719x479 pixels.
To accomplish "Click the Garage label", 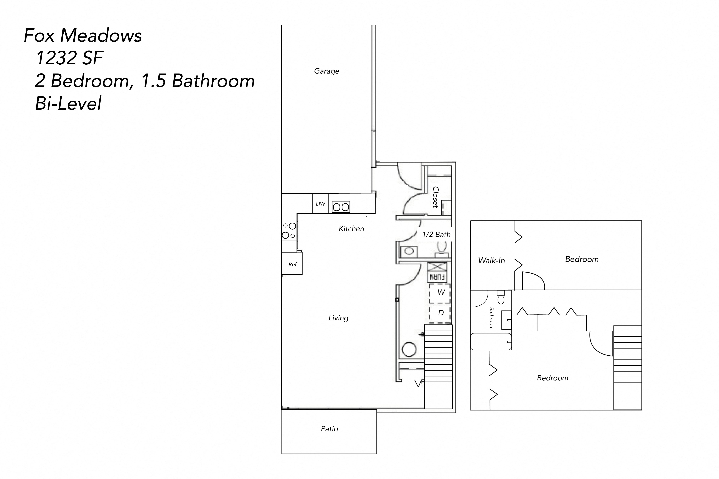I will (327, 71).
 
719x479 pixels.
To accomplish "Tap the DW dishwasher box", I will (320, 203).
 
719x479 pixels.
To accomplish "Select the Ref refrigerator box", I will (292, 264).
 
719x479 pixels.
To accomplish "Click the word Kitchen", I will (351, 229).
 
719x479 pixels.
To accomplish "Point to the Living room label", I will (338, 318).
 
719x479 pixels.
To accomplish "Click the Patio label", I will (329, 429).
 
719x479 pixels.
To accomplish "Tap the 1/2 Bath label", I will (436, 235).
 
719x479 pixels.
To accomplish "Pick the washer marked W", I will (440, 293).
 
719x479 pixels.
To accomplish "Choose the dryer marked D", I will (440, 313).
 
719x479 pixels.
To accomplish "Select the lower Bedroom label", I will (552, 378).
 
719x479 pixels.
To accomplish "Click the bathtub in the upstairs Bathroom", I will (491, 342).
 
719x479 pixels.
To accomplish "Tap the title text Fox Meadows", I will (83, 35).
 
